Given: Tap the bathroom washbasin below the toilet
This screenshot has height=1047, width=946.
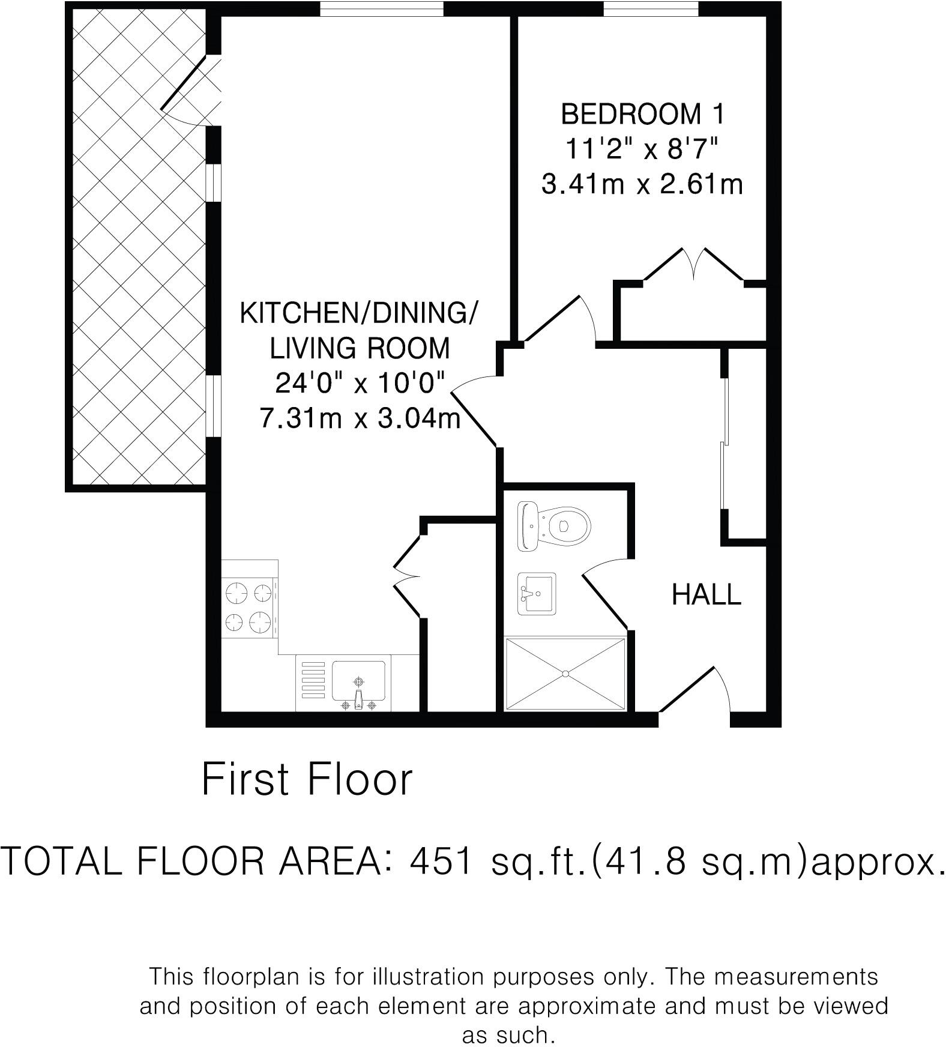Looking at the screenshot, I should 537,593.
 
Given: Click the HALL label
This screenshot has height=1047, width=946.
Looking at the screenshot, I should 706,595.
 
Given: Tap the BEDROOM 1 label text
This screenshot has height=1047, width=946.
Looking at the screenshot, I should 642,114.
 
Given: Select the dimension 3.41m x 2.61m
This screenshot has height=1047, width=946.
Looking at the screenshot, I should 642,184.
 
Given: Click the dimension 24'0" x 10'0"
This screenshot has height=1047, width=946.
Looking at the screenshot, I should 360,382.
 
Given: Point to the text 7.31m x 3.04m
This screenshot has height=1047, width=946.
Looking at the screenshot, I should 360,417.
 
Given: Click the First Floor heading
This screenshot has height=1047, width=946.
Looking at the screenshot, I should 307,780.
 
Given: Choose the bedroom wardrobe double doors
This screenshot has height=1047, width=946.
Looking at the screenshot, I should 694,264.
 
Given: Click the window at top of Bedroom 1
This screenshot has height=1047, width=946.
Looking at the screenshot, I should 650,8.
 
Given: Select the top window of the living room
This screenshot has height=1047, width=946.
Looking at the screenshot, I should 381,8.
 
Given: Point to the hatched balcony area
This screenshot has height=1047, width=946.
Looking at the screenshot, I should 137,246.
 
